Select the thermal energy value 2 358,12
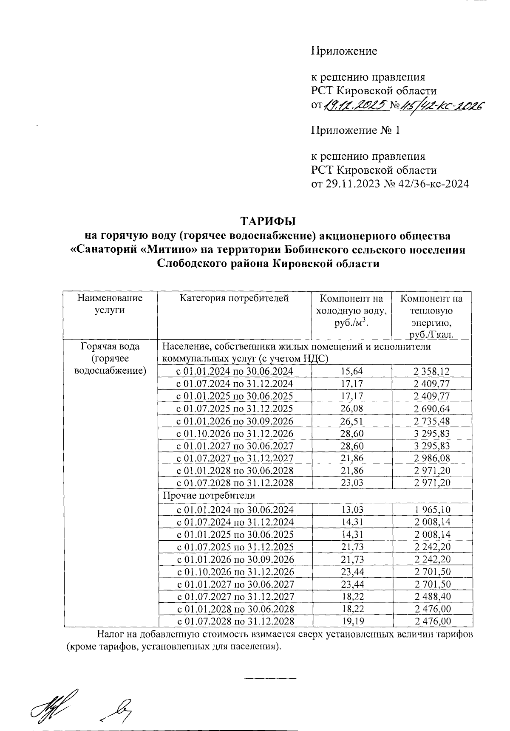(x=431, y=372)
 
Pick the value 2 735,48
(x=431, y=421)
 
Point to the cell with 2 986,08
(x=431, y=458)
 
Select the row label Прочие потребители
(x=209, y=495)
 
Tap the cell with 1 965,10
(x=431, y=510)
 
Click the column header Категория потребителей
(x=234, y=298)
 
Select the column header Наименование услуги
(x=110, y=304)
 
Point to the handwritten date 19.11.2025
(x=356, y=104)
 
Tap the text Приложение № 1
(x=355, y=130)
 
